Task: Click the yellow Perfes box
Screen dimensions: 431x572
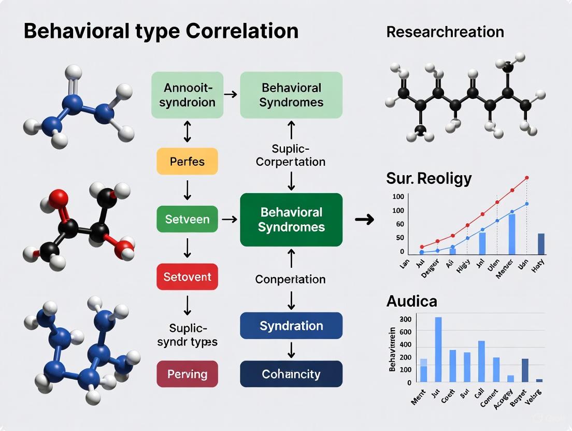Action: tap(187, 162)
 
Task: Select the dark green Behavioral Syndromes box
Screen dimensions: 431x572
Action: tap(291, 220)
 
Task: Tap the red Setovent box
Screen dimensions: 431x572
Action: tap(187, 277)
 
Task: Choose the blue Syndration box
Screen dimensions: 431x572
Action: tap(291, 326)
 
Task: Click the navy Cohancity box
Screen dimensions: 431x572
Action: tap(291, 374)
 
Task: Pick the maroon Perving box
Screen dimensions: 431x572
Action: tap(187, 374)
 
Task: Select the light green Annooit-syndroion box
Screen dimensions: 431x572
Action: tap(187, 95)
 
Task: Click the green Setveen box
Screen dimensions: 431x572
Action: tap(187, 219)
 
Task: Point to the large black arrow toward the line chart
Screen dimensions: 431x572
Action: tap(365, 220)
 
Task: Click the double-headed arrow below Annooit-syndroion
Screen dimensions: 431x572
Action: tap(187, 133)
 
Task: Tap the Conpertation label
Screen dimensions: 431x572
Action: tap(290, 279)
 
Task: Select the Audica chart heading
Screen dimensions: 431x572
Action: tap(411, 301)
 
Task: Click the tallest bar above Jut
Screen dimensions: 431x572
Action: tap(438, 349)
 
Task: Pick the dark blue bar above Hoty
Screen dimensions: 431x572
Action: tap(541, 244)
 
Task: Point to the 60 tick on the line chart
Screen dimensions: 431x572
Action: tap(400, 224)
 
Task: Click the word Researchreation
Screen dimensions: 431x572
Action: tap(445, 32)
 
